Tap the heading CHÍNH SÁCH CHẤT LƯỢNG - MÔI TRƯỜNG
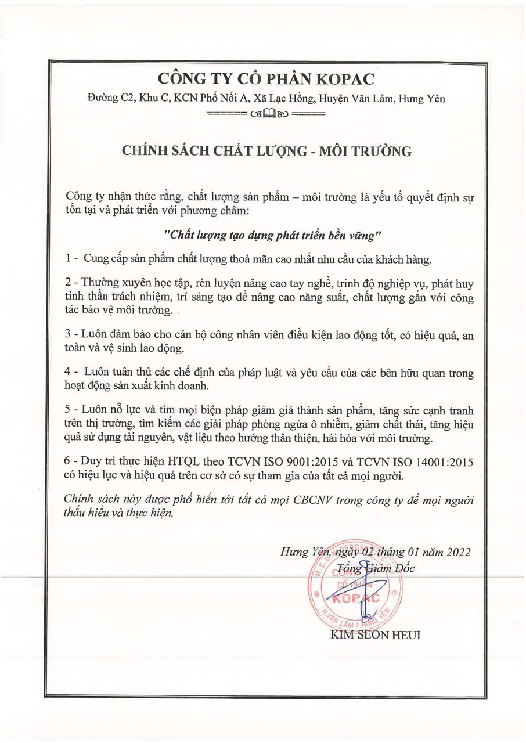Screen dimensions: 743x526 click(266, 152)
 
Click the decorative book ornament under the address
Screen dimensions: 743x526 click(267, 113)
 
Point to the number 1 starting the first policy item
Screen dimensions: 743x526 click(68, 259)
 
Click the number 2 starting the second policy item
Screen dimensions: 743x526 click(68, 283)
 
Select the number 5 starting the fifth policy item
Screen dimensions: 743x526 click(68, 409)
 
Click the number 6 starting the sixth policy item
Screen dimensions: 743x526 click(68, 463)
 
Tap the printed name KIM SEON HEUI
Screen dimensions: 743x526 click(375, 635)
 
